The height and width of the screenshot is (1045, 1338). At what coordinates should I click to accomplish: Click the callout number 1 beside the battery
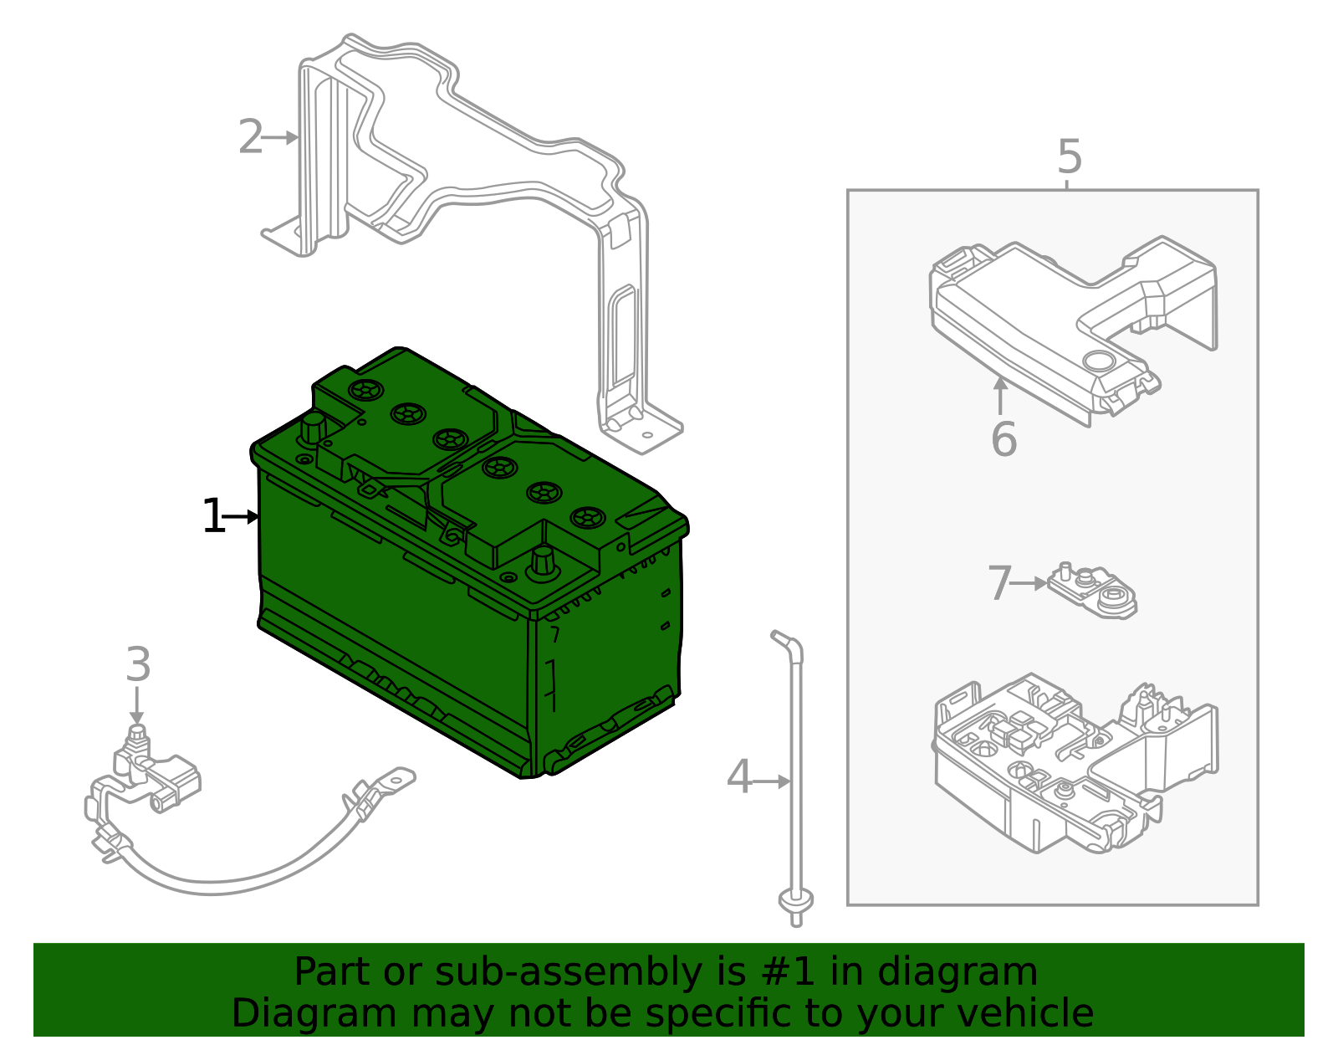214,516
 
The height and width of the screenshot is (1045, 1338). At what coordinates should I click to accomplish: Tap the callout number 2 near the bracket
250,137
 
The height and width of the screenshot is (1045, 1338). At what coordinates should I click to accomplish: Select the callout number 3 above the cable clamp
138,665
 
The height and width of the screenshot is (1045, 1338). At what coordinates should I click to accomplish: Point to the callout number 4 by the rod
739,778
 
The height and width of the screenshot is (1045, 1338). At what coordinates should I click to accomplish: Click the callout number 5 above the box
1070,156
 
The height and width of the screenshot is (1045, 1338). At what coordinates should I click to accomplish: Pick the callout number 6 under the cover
1004,439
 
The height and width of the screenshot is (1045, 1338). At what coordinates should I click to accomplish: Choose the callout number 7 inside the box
999,583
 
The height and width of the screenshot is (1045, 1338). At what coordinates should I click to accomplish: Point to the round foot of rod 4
795,901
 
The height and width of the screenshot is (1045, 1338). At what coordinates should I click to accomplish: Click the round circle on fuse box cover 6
1097,361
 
